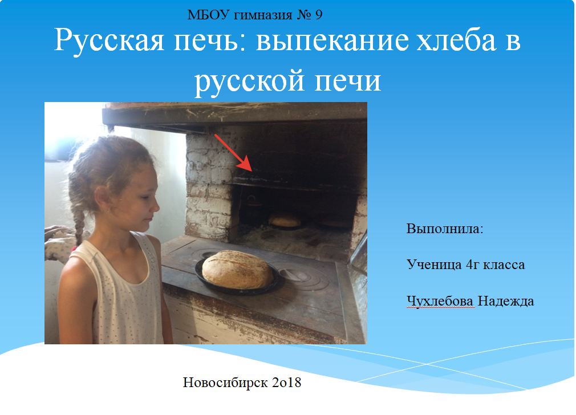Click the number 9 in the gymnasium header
[318, 15]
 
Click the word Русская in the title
[109, 41]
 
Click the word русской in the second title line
[249, 82]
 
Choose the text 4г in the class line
[472, 265]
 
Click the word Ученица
[434, 265]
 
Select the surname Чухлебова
[440, 301]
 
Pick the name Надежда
[505, 301]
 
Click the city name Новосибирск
[225, 383]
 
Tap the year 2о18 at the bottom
[286, 383]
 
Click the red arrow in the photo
[233, 152]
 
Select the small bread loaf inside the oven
[285, 220]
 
